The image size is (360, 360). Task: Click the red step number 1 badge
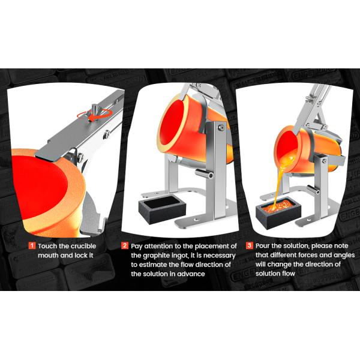[32, 245]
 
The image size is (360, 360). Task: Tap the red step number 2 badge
[125, 245]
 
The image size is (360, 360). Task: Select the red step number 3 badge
[250, 245]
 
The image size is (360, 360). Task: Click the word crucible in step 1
[82, 246]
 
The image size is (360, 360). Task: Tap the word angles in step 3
[344, 256]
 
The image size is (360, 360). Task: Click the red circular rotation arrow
[95, 115]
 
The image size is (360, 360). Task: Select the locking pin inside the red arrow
[95, 110]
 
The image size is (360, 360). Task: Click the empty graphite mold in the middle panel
[162, 209]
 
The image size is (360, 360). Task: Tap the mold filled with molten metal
[278, 212]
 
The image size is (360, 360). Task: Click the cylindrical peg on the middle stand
[204, 173]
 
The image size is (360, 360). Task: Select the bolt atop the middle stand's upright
[221, 127]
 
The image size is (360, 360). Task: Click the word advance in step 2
[191, 274]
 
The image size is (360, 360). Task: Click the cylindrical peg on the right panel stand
[313, 190]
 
